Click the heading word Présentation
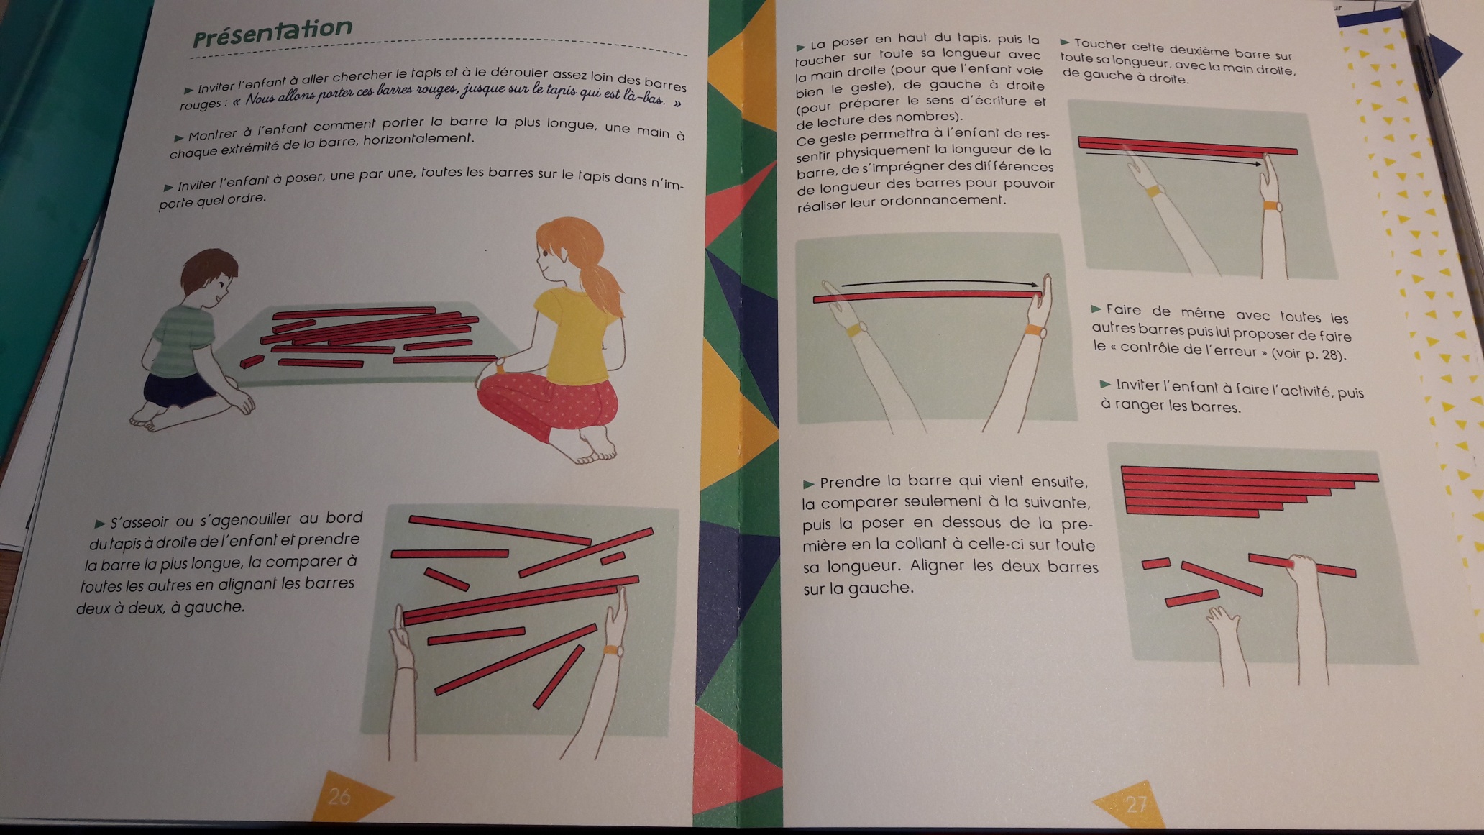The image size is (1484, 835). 272,31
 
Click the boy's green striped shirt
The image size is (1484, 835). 183,338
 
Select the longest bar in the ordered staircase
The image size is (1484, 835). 1250,473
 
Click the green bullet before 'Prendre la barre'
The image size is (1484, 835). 808,484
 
